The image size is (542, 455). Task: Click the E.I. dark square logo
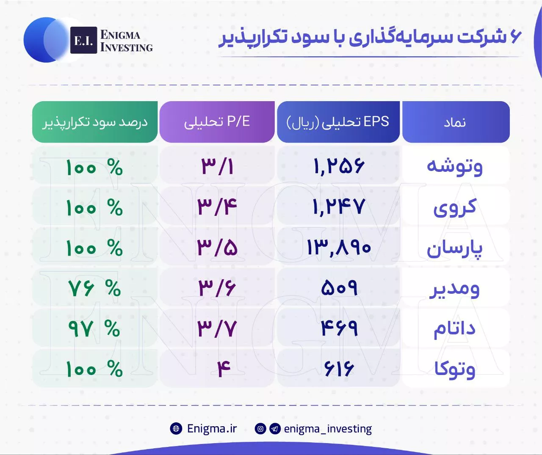tap(83, 40)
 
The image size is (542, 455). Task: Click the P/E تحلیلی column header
tap(217, 122)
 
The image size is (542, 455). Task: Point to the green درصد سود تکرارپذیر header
tap(95, 122)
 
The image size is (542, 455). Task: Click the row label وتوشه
tap(455, 167)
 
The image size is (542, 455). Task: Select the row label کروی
tap(455, 207)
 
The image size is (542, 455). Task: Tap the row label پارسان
tap(455, 248)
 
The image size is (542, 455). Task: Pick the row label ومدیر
tap(454, 290)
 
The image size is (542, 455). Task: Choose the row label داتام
tap(454, 329)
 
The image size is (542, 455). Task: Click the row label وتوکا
tap(455, 370)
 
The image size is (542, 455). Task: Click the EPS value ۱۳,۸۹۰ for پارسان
tap(339, 248)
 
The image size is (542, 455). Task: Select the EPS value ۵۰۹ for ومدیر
tap(339, 288)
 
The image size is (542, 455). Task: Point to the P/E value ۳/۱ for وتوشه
tap(217, 166)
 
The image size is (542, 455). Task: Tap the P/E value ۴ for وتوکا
tap(224, 369)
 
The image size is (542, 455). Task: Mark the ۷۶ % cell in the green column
tap(94, 288)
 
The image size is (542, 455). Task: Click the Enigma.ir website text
tap(212, 428)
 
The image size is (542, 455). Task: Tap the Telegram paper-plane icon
tap(275, 428)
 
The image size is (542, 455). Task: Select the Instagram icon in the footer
tap(260, 428)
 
